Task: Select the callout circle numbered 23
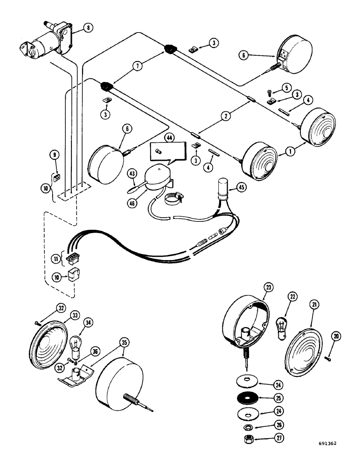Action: [x=269, y=288]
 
